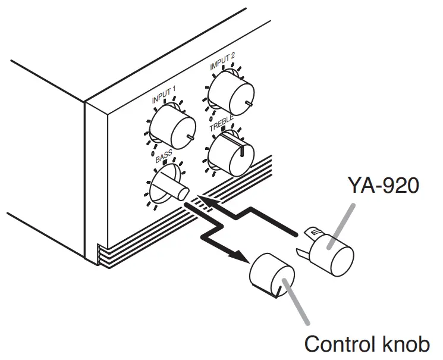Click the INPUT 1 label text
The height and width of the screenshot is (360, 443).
pos(165,97)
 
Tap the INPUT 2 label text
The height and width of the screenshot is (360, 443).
pos(222,65)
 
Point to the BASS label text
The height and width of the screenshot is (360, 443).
pos(164,158)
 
